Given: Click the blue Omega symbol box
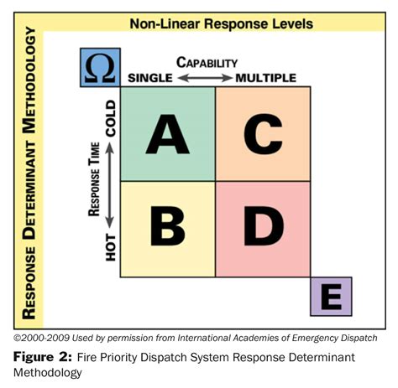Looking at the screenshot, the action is (100, 67).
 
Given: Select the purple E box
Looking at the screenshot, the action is (331, 297).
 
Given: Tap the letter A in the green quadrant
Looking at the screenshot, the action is (167, 134).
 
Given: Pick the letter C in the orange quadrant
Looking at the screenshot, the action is (263, 134).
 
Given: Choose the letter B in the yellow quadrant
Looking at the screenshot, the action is (168, 226).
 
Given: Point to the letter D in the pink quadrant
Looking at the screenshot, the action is (264, 226).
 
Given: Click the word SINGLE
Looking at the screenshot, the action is (150, 78).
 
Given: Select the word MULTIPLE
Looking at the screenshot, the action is (265, 78).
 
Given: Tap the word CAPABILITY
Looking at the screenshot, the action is (207, 62).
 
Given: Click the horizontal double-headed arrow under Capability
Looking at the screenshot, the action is (205, 78).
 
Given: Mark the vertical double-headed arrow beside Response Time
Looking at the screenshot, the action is (110, 185).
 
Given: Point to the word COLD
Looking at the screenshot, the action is (111, 118).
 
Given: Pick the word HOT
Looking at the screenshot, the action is (111, 247).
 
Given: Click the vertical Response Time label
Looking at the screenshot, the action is (94, 179).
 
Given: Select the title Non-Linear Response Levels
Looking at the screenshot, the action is (222, 23).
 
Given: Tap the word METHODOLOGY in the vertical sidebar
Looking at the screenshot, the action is (29, 80).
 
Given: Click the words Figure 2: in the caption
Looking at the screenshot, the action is (43, 357).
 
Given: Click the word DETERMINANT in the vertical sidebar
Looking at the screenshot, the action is (29, 190).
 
